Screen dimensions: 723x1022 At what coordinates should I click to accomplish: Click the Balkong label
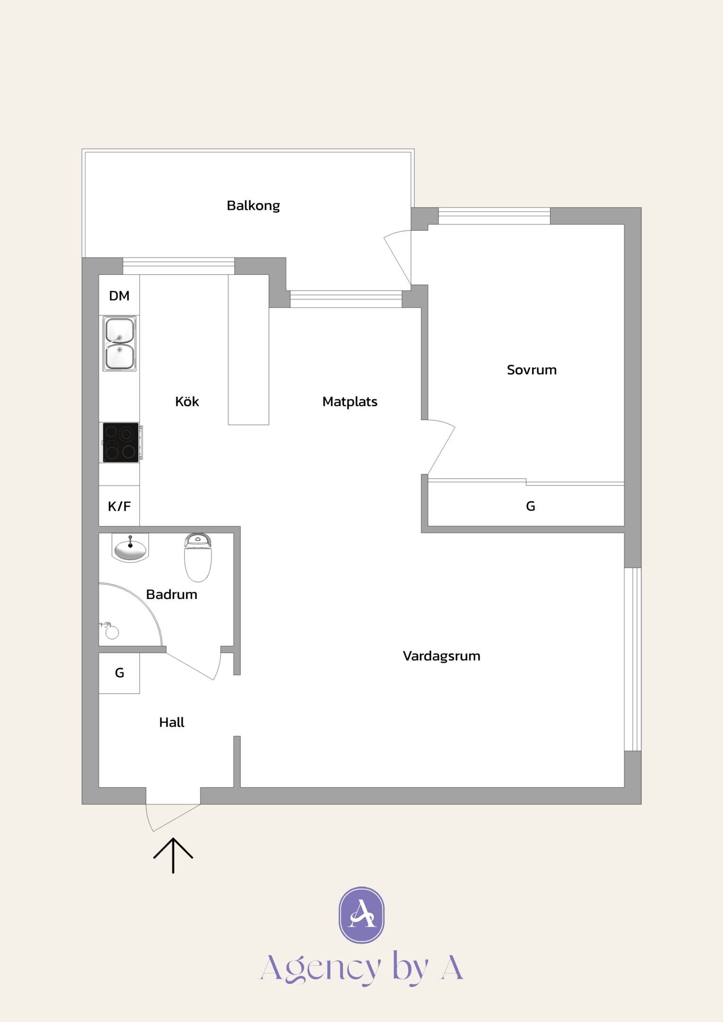click(253, 206)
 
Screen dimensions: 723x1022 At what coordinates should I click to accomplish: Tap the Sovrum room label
click(532, 370)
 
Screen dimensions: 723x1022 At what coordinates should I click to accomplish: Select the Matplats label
click(350, 402)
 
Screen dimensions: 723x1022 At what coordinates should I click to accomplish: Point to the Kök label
click(187, 401)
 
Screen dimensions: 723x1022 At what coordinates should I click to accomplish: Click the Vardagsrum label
click(442, 656)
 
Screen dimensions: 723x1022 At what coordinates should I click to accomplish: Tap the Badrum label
click(171, 594)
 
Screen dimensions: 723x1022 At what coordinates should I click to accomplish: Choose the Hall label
click(171, 722)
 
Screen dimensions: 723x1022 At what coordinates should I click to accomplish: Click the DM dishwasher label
click(119, 296)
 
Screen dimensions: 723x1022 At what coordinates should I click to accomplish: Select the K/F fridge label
click(119, 506)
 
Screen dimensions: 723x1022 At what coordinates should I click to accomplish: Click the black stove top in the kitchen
click(121, 442)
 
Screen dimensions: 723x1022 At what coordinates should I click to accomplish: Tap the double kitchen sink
click(120, 344)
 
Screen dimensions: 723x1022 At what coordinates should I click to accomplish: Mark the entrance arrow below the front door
click(173, 855)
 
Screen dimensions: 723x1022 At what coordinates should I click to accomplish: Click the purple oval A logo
click(362, 915)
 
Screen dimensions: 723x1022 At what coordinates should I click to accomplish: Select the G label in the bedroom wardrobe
click(531, 506)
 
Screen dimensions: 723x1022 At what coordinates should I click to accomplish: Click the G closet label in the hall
click(120, 672)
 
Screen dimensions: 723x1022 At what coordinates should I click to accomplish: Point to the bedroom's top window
click(494, 216)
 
